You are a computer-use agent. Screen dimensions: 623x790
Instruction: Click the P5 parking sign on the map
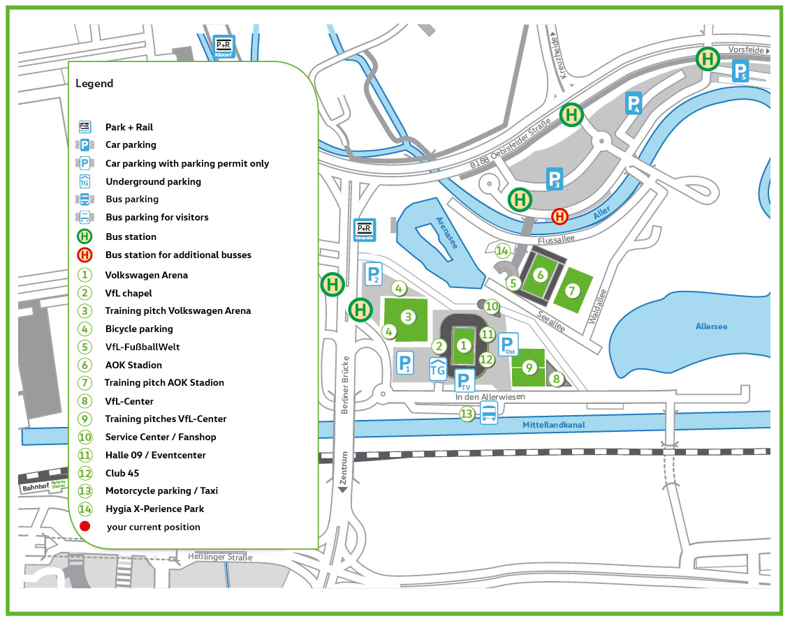pos(740,72)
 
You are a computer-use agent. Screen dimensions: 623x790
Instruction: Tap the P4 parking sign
pos(633,103)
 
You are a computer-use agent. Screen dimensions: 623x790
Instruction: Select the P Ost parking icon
pos(509,345)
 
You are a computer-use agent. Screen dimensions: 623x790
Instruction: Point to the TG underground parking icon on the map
pos(438,368)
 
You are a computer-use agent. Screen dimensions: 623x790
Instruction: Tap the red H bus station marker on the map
pos(559,216)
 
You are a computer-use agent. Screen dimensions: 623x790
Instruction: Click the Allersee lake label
pos(711,326)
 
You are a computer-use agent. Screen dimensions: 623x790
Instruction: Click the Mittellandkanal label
pos(554,425)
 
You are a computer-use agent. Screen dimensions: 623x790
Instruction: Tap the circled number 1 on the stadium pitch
pos(462,345)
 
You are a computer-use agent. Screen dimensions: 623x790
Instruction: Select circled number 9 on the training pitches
pos(529,366)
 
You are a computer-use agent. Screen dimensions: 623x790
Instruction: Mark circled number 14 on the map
pos(502,250)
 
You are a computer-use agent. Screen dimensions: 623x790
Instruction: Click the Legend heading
pos(94,84)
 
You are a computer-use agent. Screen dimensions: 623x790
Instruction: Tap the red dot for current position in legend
pos(85,527)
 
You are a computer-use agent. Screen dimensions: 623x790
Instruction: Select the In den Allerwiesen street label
pos(490,396)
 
